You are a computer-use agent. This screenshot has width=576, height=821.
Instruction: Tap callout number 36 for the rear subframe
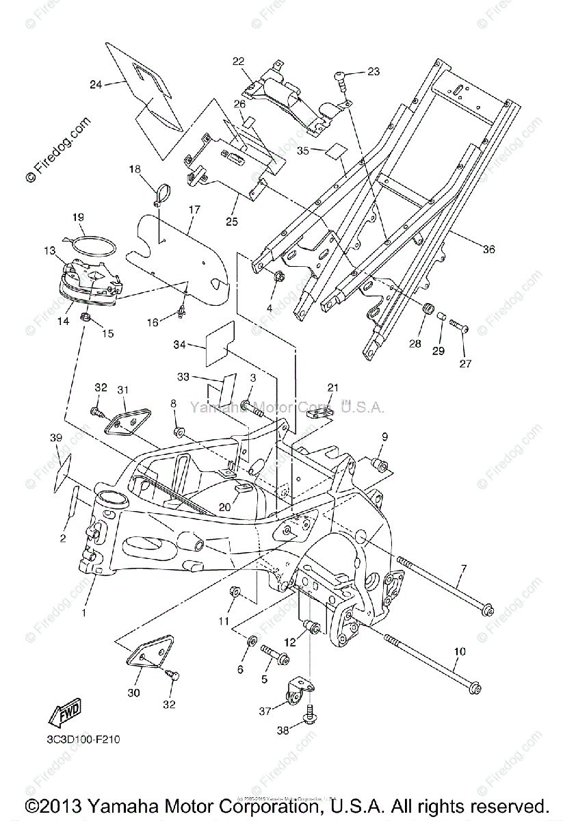(x=488, y=250)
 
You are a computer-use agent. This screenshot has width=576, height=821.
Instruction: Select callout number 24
(x=96, y=85)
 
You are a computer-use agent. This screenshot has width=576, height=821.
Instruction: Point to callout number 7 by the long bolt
(x=463, y=569)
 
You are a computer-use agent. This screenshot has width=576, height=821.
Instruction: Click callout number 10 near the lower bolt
(x=459, y=652)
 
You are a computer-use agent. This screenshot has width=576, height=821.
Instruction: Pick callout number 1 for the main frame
(x=84, y=613)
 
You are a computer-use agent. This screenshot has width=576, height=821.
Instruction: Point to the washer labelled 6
(x=251, y=641)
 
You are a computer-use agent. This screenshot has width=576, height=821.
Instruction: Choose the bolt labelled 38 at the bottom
(x=311, y=715)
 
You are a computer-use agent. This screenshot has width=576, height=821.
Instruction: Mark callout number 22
(x=238, y=62)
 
